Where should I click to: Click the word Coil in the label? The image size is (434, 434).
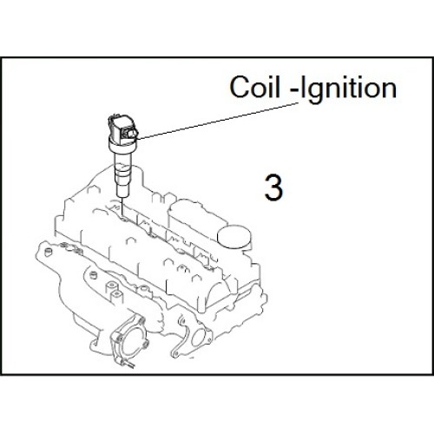255,87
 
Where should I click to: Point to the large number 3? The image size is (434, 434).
273,187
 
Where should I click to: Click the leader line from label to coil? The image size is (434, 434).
218,121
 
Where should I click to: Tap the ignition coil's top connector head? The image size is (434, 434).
122,129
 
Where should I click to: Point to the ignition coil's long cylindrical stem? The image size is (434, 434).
123,174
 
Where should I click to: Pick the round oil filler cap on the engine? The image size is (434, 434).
233,237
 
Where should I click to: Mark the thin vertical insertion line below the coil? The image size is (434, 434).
122,206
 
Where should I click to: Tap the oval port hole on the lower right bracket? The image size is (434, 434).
197,337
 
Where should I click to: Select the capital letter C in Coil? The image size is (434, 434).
240,87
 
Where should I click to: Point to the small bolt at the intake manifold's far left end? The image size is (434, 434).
47,253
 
